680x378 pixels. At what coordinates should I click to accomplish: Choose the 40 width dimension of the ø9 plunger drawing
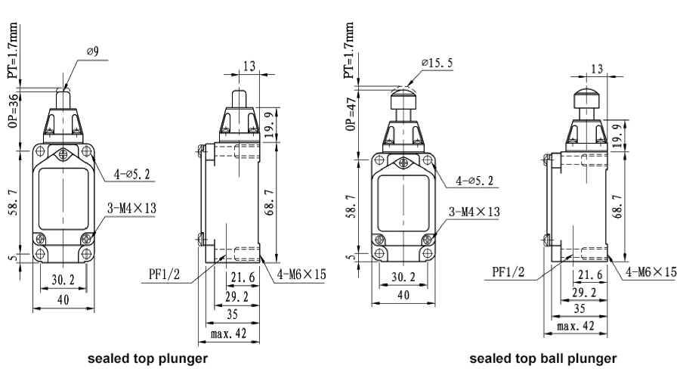63,299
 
